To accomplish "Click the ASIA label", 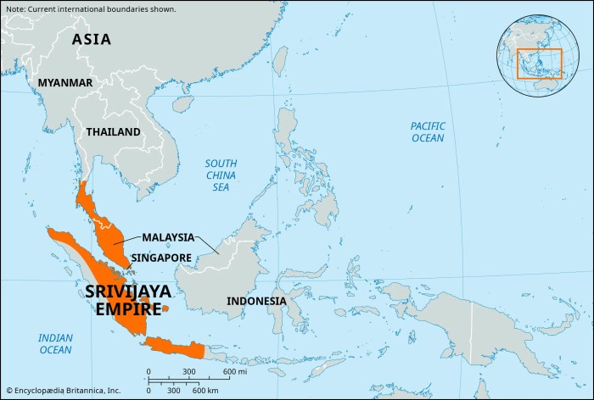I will click(91, 39).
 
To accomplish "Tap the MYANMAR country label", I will click(64, 82).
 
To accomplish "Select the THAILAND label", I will click(113, 132).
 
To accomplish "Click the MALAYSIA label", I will click(168, 237).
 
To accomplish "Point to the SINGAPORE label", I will click(161, 257).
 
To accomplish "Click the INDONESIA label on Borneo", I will click(256, 301).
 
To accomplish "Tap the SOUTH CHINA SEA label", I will click(221, 174).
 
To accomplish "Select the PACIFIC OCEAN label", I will click(428, 131).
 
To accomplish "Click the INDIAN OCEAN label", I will click(55, 343).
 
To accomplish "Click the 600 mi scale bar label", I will click(234, 373).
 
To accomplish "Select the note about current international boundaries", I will click(90, 9).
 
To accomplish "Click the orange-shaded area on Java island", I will click(174, 347).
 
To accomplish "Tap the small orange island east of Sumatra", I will click(166, 308).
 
